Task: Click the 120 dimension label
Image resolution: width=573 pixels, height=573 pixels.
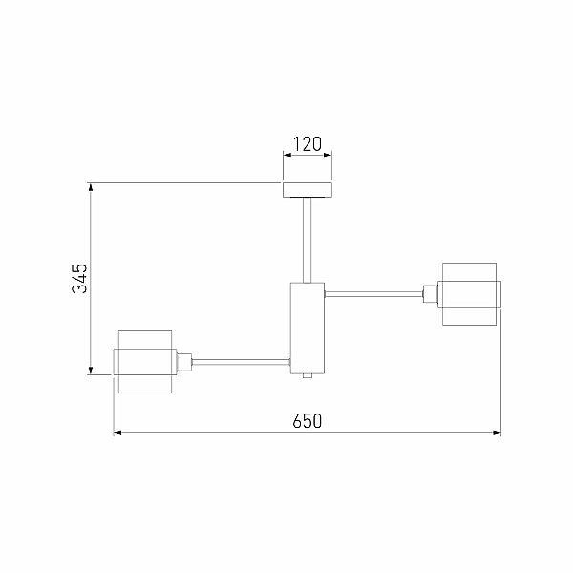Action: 308,144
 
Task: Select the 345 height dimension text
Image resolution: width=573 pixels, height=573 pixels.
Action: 79,279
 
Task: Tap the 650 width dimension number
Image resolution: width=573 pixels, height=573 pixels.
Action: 308,421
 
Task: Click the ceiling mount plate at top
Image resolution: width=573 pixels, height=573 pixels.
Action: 308,190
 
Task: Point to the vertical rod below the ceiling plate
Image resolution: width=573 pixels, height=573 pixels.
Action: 308,240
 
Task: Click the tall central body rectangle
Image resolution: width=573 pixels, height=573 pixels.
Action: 308,329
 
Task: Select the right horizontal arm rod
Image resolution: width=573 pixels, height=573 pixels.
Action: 373,294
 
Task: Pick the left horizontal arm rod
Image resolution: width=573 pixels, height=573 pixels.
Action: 242,362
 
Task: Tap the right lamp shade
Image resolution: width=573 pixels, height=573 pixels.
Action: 470,294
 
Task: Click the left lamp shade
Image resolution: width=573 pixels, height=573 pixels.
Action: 145,362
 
